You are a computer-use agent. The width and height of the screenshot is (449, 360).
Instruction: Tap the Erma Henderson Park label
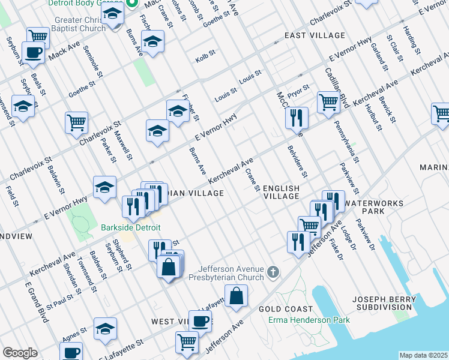309,320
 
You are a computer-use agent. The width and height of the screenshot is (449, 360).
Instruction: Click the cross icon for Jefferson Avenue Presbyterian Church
273,273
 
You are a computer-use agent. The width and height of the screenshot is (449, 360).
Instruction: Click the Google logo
20,353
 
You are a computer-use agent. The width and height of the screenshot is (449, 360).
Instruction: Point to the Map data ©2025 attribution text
423,355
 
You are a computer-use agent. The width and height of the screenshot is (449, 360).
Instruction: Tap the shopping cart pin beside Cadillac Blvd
328,102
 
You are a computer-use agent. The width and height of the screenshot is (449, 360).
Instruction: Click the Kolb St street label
205,59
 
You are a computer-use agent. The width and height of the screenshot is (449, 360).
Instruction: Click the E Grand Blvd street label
37,302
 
